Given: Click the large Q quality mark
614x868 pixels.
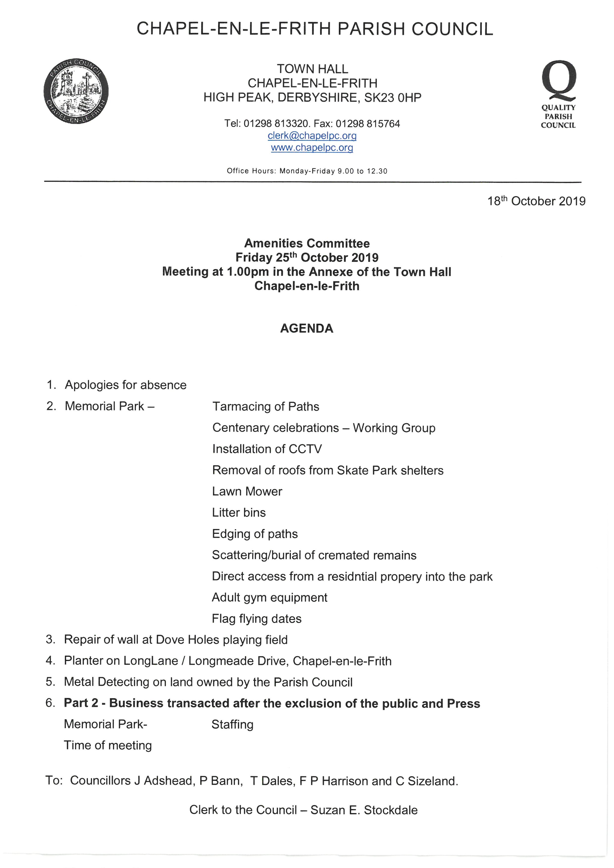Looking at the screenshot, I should [x=559, y=80].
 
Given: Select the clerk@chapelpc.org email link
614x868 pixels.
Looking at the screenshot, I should [x=312, y=135].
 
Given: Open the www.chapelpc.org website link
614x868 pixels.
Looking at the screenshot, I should [x=312, y=148].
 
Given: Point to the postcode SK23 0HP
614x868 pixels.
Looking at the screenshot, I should [x=392, y=98].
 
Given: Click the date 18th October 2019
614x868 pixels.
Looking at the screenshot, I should [x=536, y=201].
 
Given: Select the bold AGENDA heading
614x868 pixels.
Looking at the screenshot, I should [x=307, y=328].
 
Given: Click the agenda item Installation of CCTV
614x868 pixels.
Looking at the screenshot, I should [x=267, y=449].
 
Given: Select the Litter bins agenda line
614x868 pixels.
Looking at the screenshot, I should [x=239, y=512].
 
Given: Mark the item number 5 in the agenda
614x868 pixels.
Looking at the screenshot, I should [x=50, y=682].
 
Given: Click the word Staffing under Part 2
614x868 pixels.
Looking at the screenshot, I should [x=232, y=724].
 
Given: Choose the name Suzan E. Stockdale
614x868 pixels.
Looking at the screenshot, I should [x=364, y=810].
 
